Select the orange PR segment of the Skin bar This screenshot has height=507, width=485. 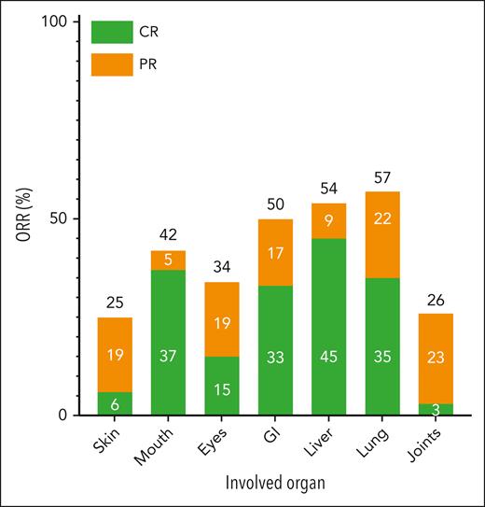point(115,355)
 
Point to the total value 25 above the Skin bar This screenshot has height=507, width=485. point(115,303)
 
